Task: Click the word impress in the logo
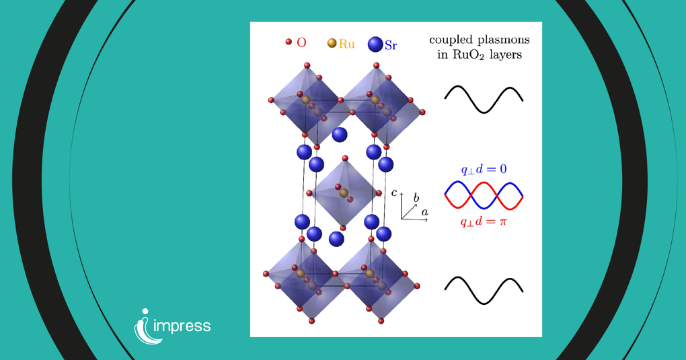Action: click(x=182, y=327)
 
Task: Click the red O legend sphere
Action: click(x=289, y=42)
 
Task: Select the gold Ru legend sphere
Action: click(x=332, y=43)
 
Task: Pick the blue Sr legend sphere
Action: click(x=375, y=44)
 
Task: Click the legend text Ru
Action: click(x=346, y=44)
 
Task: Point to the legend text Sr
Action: click(x=391, y=46)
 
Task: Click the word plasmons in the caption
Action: click(x=502, y=40)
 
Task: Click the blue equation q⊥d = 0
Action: click(x=484, y=169)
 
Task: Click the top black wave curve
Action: click(x=484, y=99)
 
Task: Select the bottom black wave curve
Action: click(x=484, y=290)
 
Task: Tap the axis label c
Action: click(x=394, y=194)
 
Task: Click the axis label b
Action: click(x=416, y=198)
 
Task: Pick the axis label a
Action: click(x=425, y=213)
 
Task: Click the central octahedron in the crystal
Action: click(x=344, y=192)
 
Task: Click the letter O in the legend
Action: click(x=301, y=42)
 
